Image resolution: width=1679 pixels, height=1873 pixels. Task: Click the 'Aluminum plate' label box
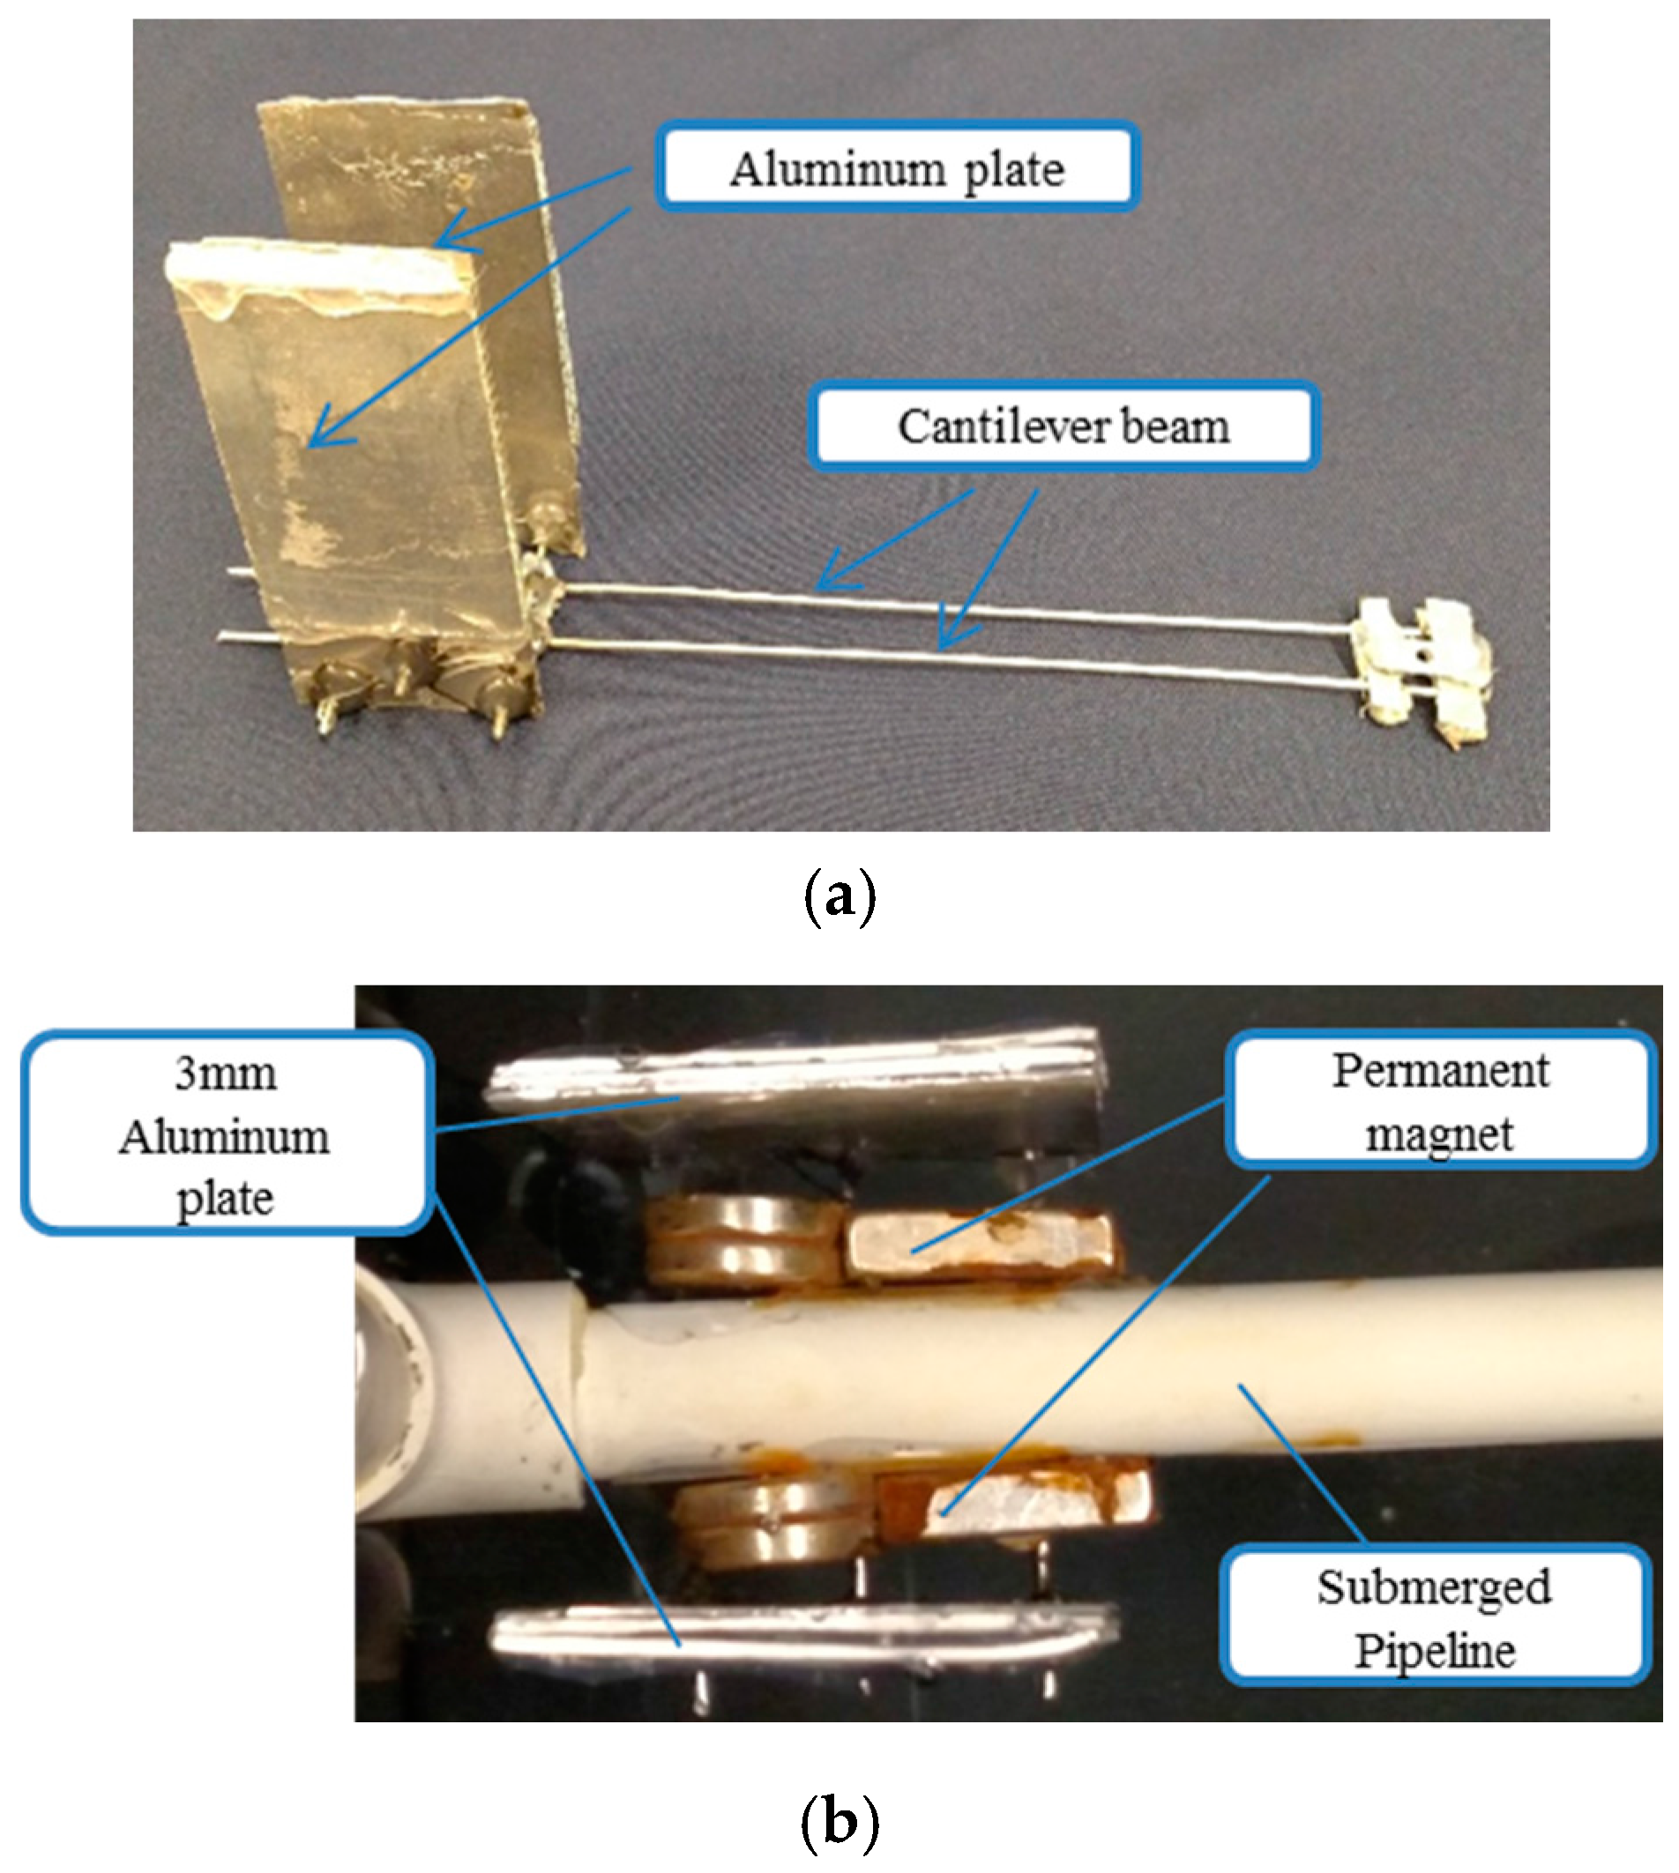pyautogui.click(x=897, y=167)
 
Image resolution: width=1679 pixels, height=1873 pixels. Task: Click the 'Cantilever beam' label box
pyautogui.click(x=1063, y=426)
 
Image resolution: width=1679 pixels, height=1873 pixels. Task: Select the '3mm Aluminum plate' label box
pyautogui.click(x=225, y=1134)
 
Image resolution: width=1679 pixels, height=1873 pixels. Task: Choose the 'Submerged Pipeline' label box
pyautogui.click(x=1434, y=1617)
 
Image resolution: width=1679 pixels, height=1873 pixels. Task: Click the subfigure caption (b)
pyautogui.click(x=839, y=1822)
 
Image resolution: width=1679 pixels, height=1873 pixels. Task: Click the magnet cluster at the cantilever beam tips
pyautogui.click(x=1421, y=669)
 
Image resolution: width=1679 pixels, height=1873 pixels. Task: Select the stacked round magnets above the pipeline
pyautogui.click(x=742, y=1240)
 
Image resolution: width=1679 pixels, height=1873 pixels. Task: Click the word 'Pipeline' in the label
pyautogui.click(x=1434, y=1650)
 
